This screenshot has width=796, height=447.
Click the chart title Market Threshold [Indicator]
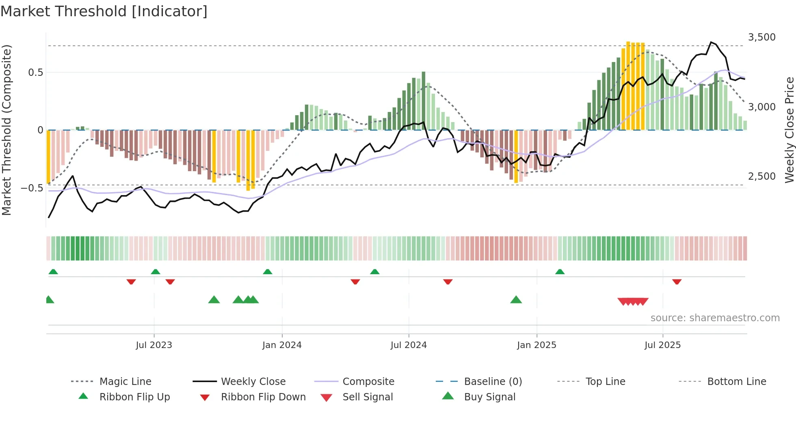click(104, 11)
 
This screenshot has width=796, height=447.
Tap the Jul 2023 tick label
click(154, 345)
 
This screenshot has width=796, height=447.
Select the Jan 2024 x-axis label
click(282, 345)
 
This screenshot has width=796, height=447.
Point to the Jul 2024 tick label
click(409, 345)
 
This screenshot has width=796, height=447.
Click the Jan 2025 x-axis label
click(536, 345)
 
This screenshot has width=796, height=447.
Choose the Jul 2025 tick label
click(662, 345)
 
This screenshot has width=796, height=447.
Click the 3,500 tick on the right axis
click(762, 37)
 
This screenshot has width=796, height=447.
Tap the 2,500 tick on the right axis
click(762, 176)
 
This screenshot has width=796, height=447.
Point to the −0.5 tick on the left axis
click(32, 188)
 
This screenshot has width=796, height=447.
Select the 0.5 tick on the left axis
click(35, 73)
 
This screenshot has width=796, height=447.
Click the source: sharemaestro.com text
click(715, 318)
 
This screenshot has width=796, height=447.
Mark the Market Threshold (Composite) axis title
click(6, 130)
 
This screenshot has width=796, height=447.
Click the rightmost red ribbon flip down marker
click(677, 282)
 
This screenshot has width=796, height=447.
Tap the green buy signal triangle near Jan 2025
click(516, 300)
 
